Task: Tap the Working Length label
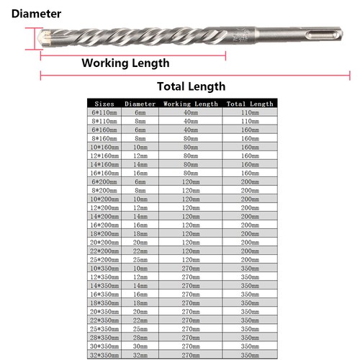pyautogui.click(x=125, y=63)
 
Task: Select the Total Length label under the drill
pyautogui.click(x=191, y=86)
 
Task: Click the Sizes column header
pyautogui.click(x=104, y=104)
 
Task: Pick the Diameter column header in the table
pyautogui.click(x=140, y=104)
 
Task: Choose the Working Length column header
pyautogui.click(x=190, y=104)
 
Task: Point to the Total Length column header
pyautogui.click(x=250, y=104)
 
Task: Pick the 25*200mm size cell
pyautogui.click(x=104, y=258)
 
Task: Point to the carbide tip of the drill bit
pyautogui.click(x=45, y=36)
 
